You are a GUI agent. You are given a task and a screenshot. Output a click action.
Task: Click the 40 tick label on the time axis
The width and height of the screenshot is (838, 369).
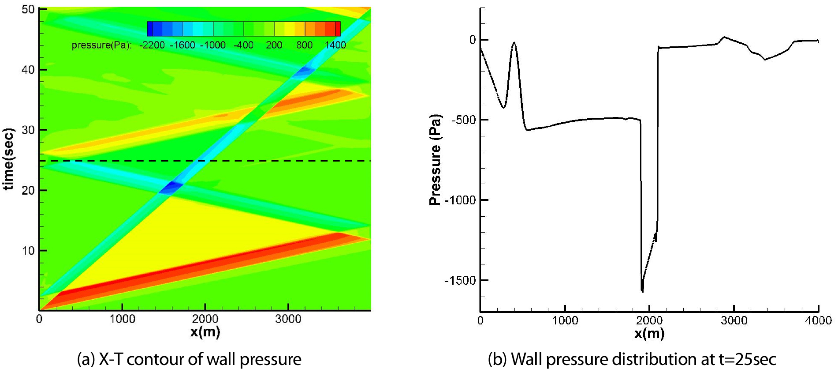click(x=28, y=70)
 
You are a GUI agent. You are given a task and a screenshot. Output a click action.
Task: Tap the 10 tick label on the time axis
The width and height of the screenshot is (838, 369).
click(x=28, y=251)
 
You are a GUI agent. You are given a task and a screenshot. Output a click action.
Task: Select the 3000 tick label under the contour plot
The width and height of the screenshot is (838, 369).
click(x=288, y=319)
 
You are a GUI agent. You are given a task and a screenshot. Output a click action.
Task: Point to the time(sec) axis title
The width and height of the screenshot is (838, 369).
click(x=8, y=159)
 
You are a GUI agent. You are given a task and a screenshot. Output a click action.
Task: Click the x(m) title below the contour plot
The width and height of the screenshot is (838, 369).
click(x=205, y=331)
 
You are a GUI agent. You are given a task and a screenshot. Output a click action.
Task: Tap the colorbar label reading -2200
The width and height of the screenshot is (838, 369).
click(x=152, y=45)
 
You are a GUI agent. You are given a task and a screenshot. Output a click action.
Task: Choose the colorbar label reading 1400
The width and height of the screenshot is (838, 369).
click(x=335, y=45)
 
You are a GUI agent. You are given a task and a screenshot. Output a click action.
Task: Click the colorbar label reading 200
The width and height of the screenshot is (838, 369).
click(x=274, y=45)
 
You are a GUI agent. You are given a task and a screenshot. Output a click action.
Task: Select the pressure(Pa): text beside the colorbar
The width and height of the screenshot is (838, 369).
click(x=101, y=45)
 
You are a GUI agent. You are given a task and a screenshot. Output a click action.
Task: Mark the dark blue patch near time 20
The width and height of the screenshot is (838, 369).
click(x=171, y=188)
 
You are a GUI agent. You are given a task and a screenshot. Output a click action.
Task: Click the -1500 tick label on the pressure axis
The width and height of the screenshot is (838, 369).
click(x=460, y=281)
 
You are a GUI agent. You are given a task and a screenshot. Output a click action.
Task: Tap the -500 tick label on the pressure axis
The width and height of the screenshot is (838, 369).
click(x=463, y=120)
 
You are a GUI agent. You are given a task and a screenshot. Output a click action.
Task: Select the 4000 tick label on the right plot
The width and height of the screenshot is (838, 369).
click(x=818, y=320)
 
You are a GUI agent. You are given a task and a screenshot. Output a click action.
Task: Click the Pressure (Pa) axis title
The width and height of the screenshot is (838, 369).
click(x=435, y=160)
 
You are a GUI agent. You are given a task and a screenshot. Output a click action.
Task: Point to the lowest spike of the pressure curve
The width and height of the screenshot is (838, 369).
click(x=642, y=291)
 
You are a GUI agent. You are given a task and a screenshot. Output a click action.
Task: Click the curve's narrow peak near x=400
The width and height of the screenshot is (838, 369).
click(x=514, y=43)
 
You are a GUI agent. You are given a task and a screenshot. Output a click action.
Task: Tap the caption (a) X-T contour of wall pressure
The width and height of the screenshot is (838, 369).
click(x=189, y=359)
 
